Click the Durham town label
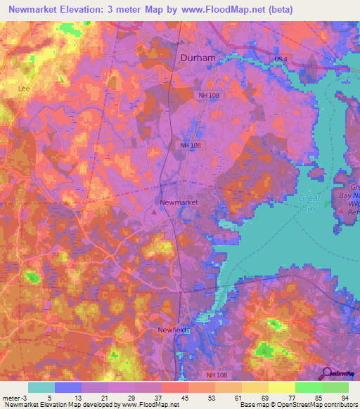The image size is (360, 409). point(198,59)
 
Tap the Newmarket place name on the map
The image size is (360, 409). point(179,202)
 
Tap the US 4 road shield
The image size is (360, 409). point(281,59)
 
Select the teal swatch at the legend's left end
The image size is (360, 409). point(41,387)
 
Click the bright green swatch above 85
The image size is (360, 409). point(308,387)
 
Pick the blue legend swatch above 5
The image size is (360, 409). point(68,387)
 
